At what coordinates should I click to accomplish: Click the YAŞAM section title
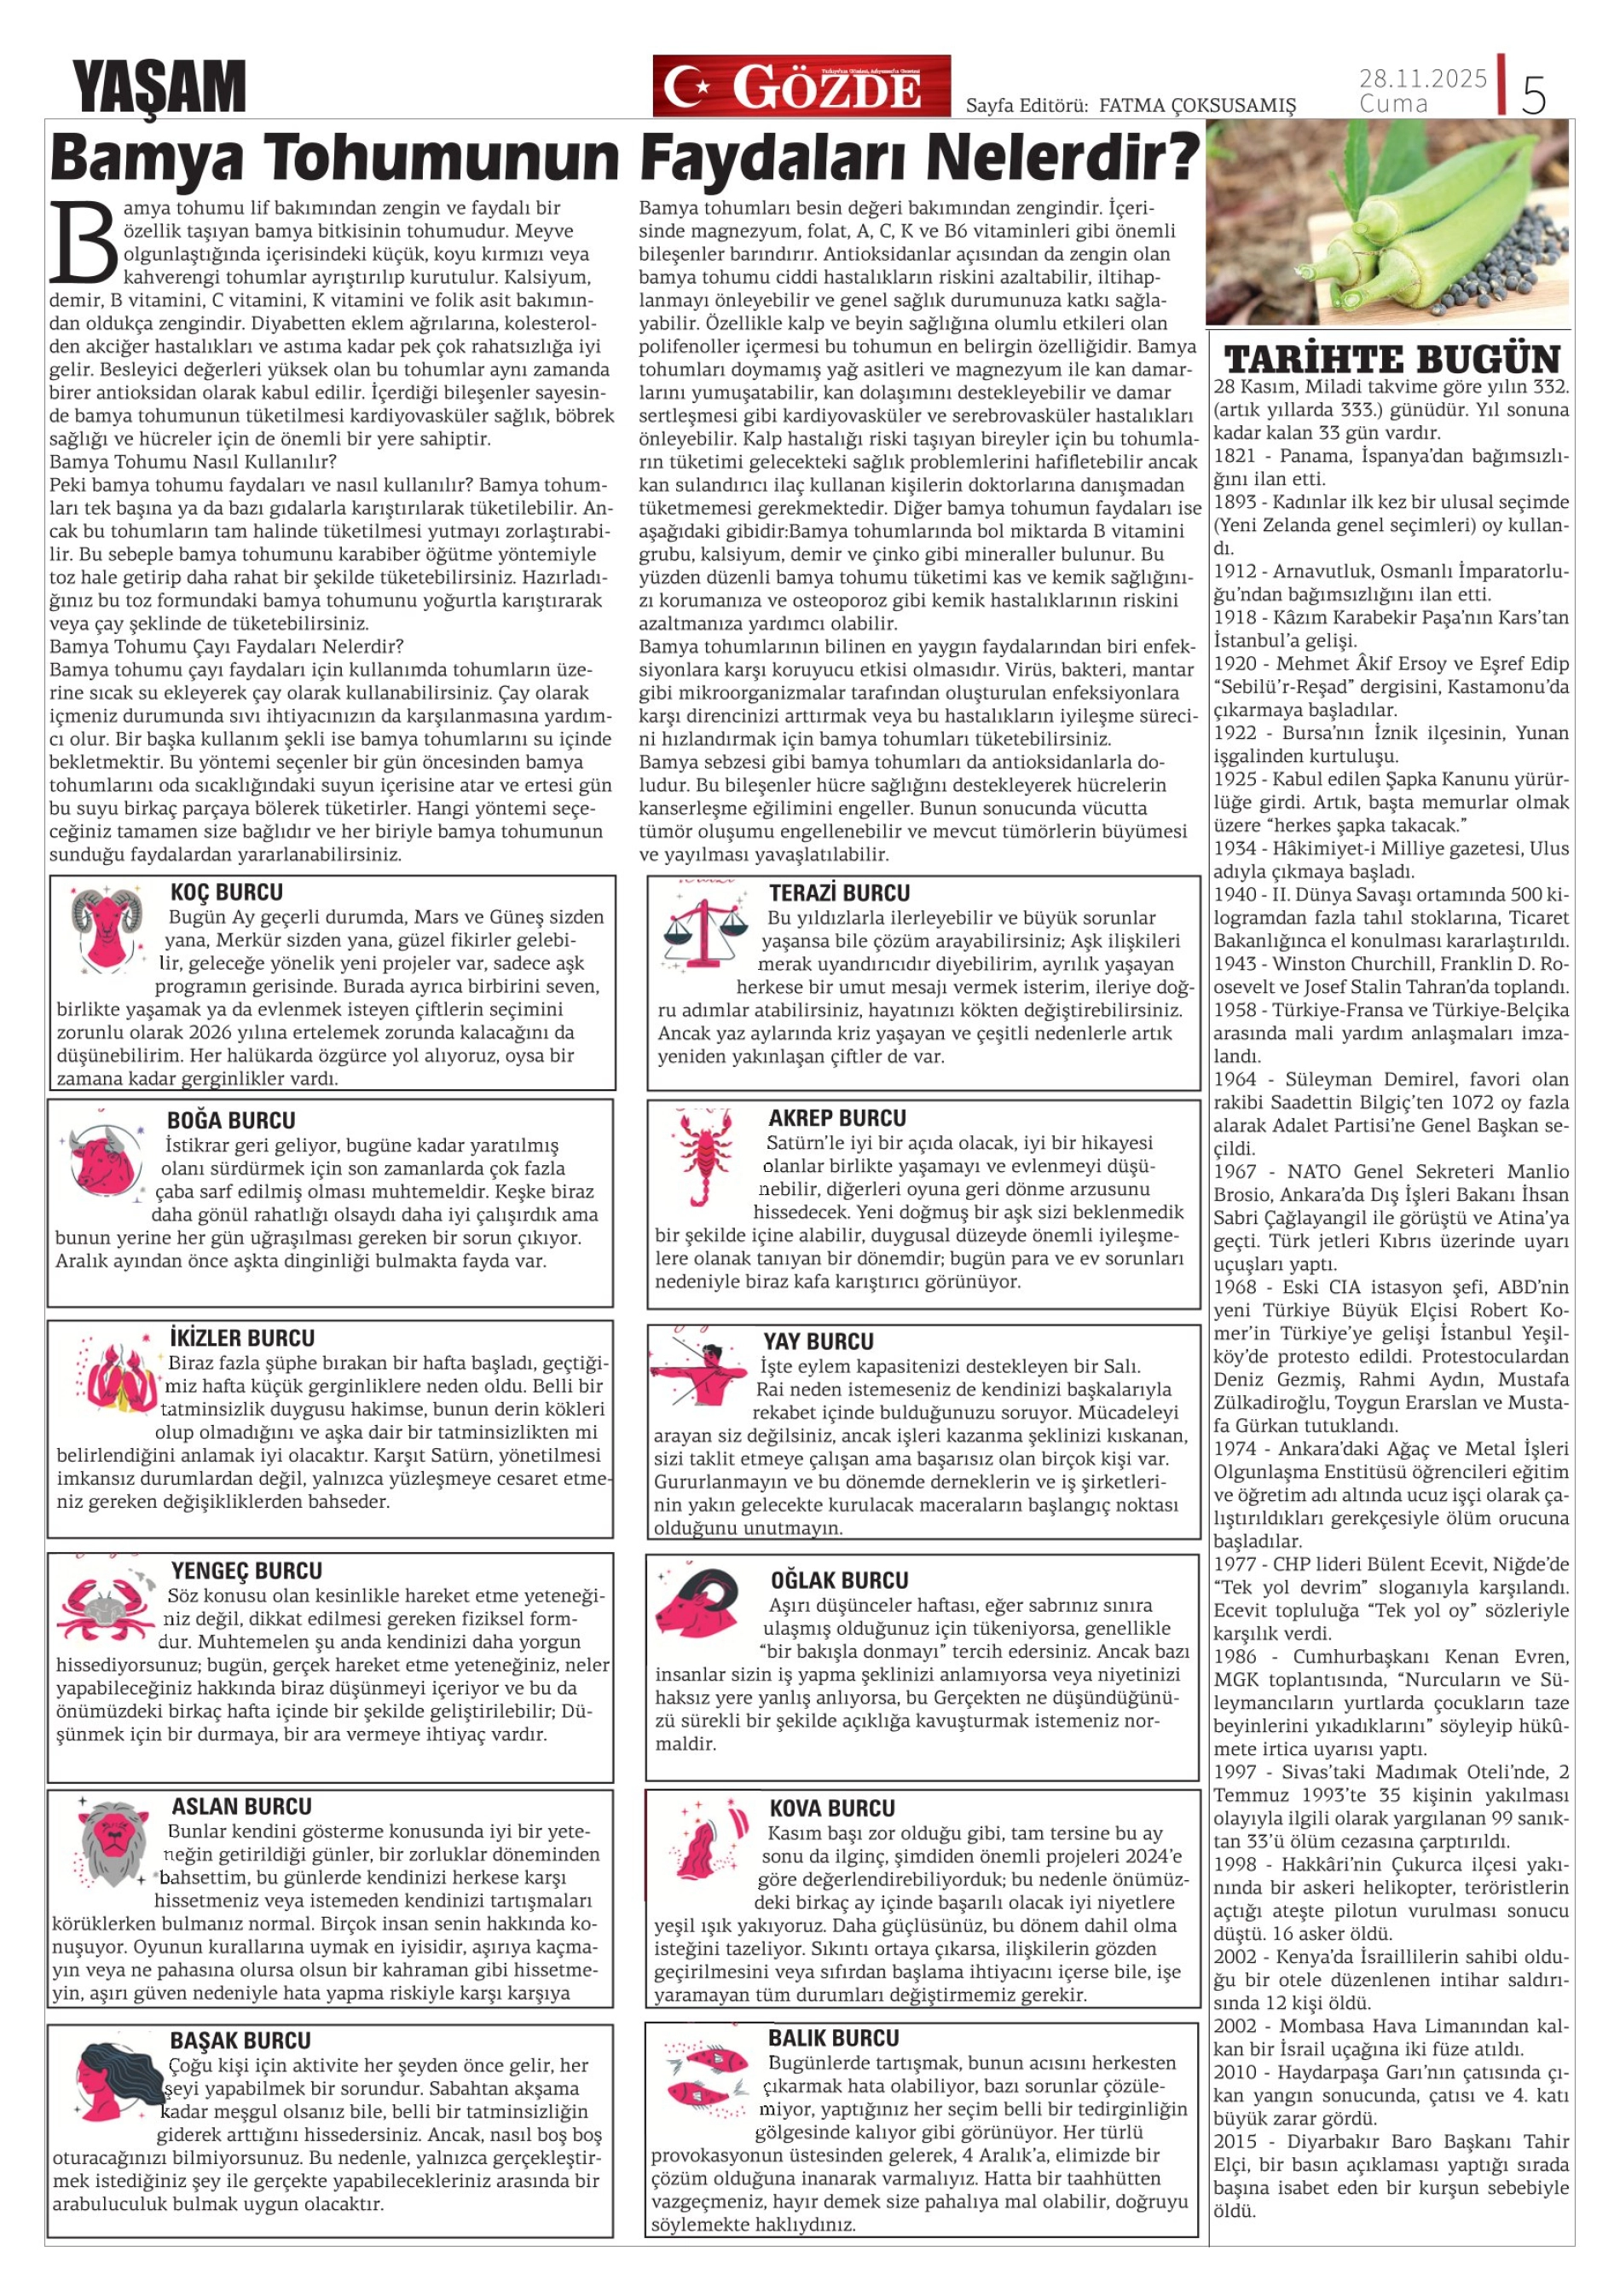[159, 88]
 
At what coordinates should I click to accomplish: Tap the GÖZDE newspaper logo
[801, 87]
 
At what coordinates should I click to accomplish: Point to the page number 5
[1533, 95]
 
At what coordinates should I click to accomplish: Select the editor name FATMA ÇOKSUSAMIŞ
[1197, 106]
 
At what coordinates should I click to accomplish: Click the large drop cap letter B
[84, 242]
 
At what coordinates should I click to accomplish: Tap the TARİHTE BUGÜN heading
[1391, 359]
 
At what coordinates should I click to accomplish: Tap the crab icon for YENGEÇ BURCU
[106, 1606]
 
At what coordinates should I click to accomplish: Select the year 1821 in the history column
[1235, 456]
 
